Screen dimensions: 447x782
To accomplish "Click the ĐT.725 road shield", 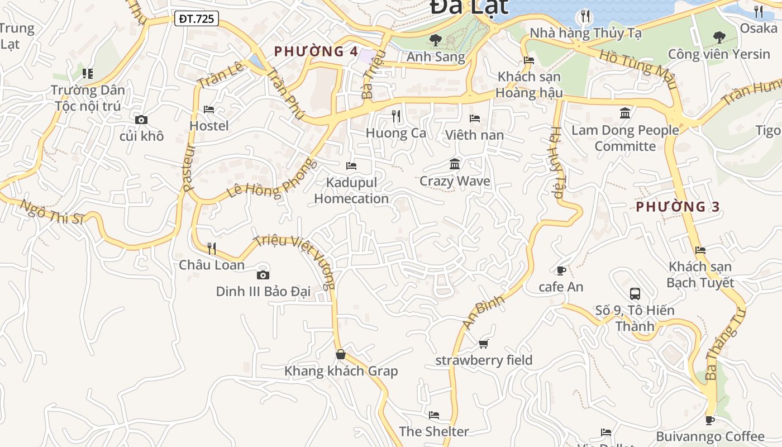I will coord(196,18).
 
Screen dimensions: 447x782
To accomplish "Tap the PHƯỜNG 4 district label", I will coord(316,51).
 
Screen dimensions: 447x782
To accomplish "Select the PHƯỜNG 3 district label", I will coord(678,207).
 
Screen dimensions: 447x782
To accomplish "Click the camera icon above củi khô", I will coord(141,120).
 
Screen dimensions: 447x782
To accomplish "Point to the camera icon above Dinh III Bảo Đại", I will coord(263,275).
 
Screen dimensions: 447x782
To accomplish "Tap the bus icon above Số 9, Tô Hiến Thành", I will coord(635,293).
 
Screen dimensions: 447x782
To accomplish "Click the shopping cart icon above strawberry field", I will coord(484,344).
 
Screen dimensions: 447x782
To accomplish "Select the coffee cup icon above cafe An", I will coord(561,271).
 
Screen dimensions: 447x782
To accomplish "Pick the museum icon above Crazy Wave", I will coord(455,164).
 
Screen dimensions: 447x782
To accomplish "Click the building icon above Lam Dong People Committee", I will coord(625,113).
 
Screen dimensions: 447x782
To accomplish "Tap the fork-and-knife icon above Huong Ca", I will coord(396,116).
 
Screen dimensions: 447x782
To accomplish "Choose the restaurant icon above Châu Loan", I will coord(211,248).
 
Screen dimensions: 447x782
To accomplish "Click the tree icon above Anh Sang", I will coord(436,40).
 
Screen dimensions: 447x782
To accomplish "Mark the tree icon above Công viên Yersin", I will coord(719,37).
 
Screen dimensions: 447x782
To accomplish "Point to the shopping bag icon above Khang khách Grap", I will coord(341,354).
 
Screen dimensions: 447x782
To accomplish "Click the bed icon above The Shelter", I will coord(434,415).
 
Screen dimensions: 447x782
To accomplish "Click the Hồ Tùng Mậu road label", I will coord(637,69).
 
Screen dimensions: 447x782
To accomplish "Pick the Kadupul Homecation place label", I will coord(351,191).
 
